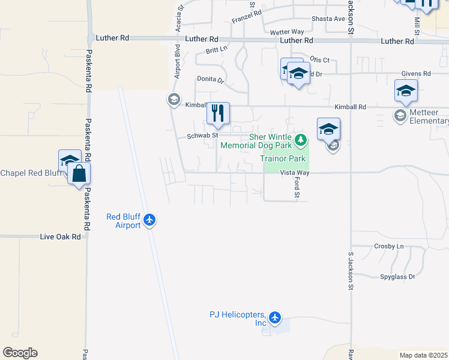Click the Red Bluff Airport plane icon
tap(150, 221)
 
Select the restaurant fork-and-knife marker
tap(217, 113)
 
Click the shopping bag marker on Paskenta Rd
tap(79, 173)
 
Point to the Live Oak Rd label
tap(60, 237)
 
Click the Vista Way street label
tap(295, 173)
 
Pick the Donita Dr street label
tap(211, 79)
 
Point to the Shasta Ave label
tap(328, 19)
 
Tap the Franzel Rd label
tap(247, 13)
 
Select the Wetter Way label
tap(287, 32)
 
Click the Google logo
tap(20, 353)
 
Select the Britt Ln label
tap(217, 50)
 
